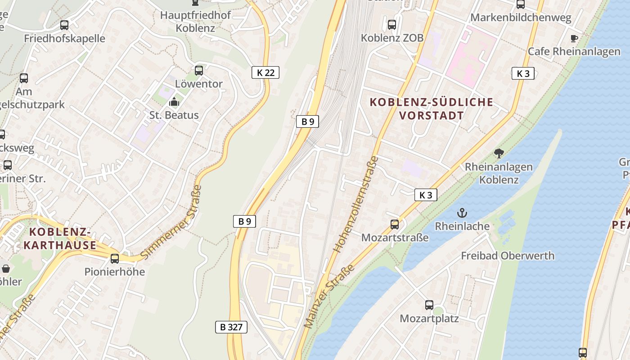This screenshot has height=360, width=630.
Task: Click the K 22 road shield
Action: pos(265,72)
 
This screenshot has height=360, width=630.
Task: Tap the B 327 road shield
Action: pos(231,327)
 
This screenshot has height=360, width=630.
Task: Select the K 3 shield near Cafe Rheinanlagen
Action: pos(523,73)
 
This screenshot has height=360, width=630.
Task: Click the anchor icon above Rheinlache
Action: pos(462,213)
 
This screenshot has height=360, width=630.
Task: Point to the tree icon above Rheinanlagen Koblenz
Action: pos(499,153)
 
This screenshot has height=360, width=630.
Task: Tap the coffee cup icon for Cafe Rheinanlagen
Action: pos(574,38)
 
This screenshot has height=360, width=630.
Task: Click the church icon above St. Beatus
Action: pos(174,102)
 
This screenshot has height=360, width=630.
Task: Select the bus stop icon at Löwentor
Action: pos(199,71)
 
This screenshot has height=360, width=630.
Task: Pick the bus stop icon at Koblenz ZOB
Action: pos(392,25)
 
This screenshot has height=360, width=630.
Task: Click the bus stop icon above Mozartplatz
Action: pos(429,305)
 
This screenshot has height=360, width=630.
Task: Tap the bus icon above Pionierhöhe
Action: pos(115,259)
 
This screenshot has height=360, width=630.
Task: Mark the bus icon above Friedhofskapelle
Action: pos(64,25)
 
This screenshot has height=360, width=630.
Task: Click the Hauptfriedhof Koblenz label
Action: pos(196,21)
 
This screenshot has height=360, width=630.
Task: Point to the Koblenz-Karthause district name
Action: pos(60,238)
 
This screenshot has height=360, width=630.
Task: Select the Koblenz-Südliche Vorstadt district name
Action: pos(432,108)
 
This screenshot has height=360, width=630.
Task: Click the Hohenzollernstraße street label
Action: pos(355,204)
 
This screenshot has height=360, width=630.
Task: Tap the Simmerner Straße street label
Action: pos(171,222)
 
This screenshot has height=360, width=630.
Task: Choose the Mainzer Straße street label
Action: pos(329,296)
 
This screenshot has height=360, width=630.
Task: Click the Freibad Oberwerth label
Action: pos(508,256)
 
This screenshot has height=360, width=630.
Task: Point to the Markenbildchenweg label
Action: pos(521,18)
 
